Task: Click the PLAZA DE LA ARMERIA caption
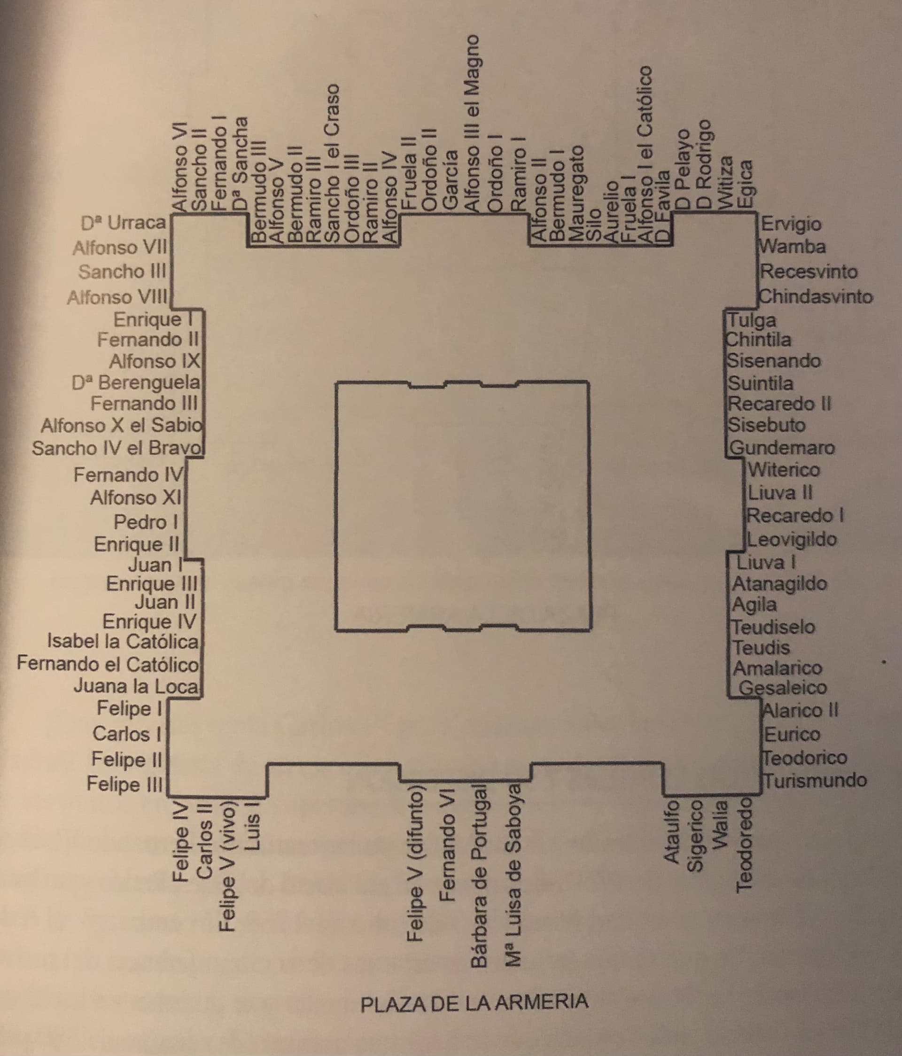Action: (474, 1002)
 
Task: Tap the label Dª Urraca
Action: (124, 223)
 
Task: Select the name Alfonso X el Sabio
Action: (122, 425)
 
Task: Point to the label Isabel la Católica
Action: (123, 641)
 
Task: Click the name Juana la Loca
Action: (136, 686)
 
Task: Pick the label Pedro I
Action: (146, 522)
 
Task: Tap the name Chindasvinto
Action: (816, 296)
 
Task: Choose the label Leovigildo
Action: (792, 539)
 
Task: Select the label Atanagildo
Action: (780, 583)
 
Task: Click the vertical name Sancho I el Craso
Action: (332, 163)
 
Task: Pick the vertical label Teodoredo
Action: (745, 846)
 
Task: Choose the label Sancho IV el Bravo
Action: (118, 448)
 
